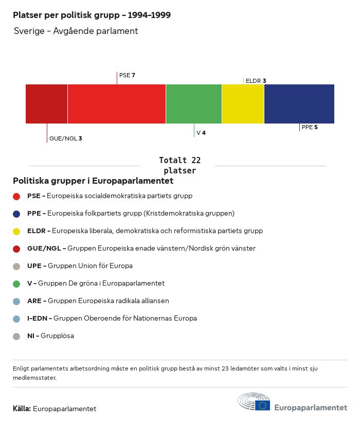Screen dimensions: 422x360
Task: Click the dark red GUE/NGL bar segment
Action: [46, 104]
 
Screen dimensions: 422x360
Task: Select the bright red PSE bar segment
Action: [116, 104]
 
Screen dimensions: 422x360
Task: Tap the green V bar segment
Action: [194, 104]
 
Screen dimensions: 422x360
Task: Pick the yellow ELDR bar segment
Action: [243, 104]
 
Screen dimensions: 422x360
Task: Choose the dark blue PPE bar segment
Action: [299, 104]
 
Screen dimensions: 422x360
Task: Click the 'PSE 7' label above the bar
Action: [127, 75]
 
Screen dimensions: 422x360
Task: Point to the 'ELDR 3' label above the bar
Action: [256, 81]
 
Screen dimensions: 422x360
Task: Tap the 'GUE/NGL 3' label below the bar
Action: [65, 138]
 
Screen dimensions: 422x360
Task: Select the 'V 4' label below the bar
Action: [201, 133]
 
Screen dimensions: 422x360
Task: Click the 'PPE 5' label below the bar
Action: [310, 127]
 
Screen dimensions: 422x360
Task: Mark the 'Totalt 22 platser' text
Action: [179, 165]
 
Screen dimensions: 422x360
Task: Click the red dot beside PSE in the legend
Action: [16, 196]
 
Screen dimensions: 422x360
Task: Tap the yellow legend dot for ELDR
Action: [16, 231]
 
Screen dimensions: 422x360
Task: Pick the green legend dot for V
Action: [16, 284]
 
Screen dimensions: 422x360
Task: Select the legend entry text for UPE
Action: [80, 266]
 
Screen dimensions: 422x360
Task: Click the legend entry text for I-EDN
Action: [112, 319]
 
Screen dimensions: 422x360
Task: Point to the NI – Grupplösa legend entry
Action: [50, 336]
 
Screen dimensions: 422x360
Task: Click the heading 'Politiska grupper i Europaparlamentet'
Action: [93, 181]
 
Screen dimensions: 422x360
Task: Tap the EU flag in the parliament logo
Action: [262, 405]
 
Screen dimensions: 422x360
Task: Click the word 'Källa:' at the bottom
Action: [22, 409]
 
